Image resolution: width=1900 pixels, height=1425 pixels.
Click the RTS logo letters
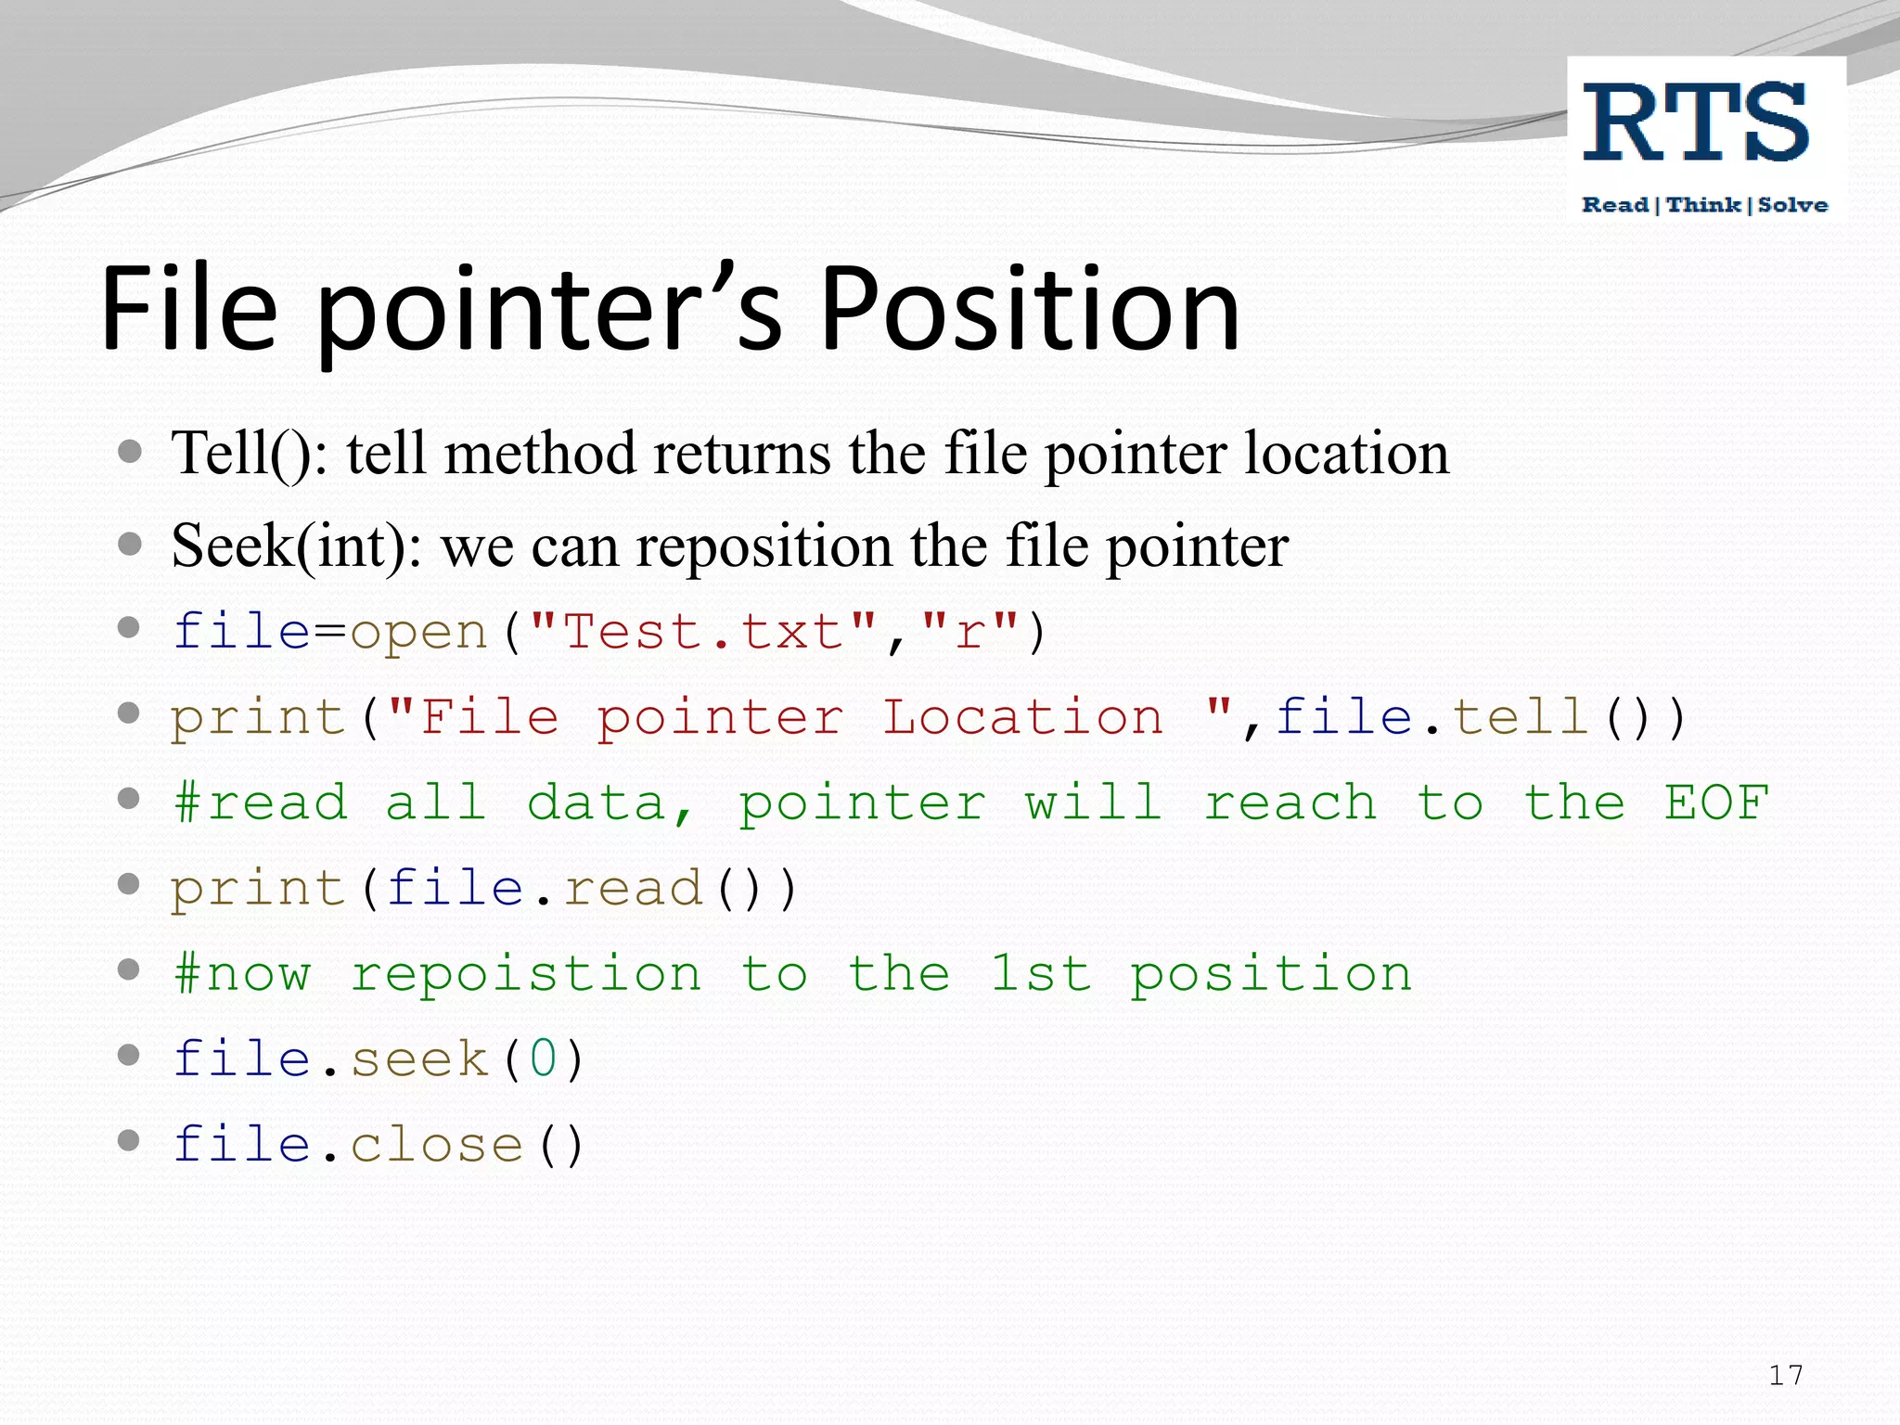(x=1695, y=123)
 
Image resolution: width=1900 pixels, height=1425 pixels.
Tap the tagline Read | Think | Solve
(x=1704, y=205)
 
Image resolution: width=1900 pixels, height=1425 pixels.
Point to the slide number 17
(x=1785, y=1375)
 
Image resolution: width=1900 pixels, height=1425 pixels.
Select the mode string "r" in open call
(x=969, y=633)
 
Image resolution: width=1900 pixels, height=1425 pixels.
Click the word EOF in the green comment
(x=1716, y=803)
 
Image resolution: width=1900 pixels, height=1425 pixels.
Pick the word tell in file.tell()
(x=1521, y=718)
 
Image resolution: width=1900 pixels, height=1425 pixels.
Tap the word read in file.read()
(x=633, y=889)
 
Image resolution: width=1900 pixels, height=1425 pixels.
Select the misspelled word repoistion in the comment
(x=526, y=974)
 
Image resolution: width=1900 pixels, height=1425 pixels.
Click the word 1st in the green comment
(x=1040, y=974)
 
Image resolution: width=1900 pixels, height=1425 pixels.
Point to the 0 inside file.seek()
(x=544, y=1059)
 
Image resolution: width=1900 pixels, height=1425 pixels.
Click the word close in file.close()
(x=437, y=1145)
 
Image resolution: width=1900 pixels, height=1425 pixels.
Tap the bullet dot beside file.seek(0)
(x=130, y=1056)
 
